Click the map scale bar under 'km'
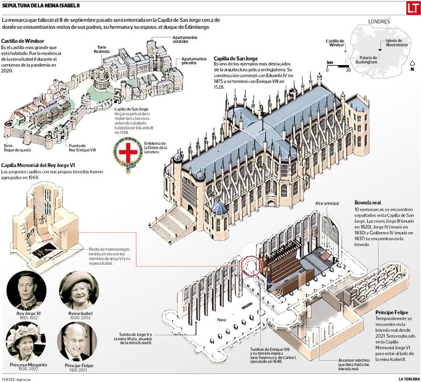point(337,66)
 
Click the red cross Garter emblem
point(127,153)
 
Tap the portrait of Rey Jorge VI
point(22,291)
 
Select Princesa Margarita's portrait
point(22,342)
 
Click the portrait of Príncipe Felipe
point(77,342)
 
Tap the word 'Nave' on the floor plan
point(221,319)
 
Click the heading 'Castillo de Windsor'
point(22,41)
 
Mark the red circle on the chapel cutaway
point(251,266)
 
